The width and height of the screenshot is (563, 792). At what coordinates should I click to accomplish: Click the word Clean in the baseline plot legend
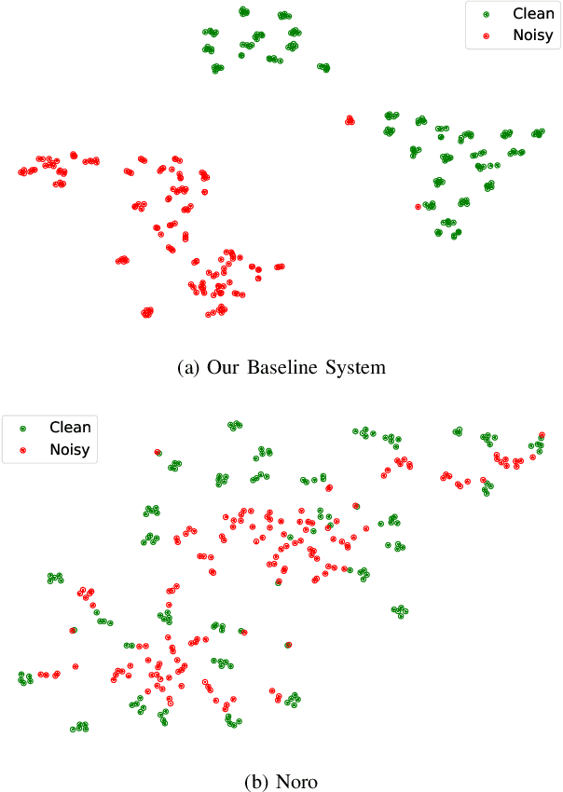pos(532,14)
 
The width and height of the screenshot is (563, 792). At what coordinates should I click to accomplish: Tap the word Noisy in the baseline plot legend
pos(532,36)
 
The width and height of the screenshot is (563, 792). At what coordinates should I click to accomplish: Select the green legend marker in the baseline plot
pos(487,15)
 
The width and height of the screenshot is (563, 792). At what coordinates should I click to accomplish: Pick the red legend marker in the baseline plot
pos(487,37)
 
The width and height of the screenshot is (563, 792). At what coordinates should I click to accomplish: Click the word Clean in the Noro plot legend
pos(70,428)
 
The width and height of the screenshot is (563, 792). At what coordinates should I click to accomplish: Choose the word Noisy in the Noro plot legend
pos(70,450)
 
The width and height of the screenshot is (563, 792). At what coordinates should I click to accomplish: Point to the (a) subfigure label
pos(187,368)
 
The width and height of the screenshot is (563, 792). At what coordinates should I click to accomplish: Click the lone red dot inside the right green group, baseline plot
pos(418,206)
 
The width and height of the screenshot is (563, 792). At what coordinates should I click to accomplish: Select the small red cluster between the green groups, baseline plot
pos(350,119)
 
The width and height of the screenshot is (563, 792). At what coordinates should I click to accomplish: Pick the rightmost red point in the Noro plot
pos(542,435)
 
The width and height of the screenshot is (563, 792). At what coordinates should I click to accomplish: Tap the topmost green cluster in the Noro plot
pos(234,425)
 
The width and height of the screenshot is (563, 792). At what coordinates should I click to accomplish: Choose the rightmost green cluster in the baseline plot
pos(538,133)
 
